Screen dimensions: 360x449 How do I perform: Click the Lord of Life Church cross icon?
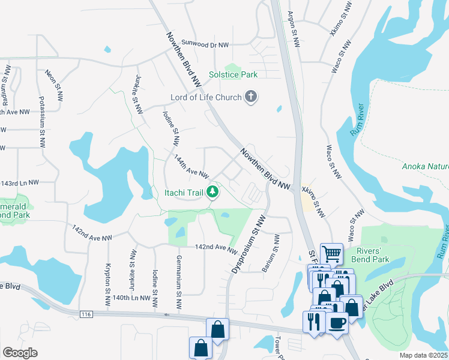tap(252, 97)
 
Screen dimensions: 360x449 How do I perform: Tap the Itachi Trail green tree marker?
tap(212, 192)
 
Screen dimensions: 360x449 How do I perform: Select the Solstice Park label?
tap(233, 75)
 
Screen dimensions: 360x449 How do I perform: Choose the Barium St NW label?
tap(271, 253)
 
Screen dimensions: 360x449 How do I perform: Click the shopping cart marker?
tap(331, 253)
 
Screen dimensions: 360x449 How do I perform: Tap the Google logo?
tap(20, 352)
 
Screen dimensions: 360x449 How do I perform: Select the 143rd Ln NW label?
tap(19, 182)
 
